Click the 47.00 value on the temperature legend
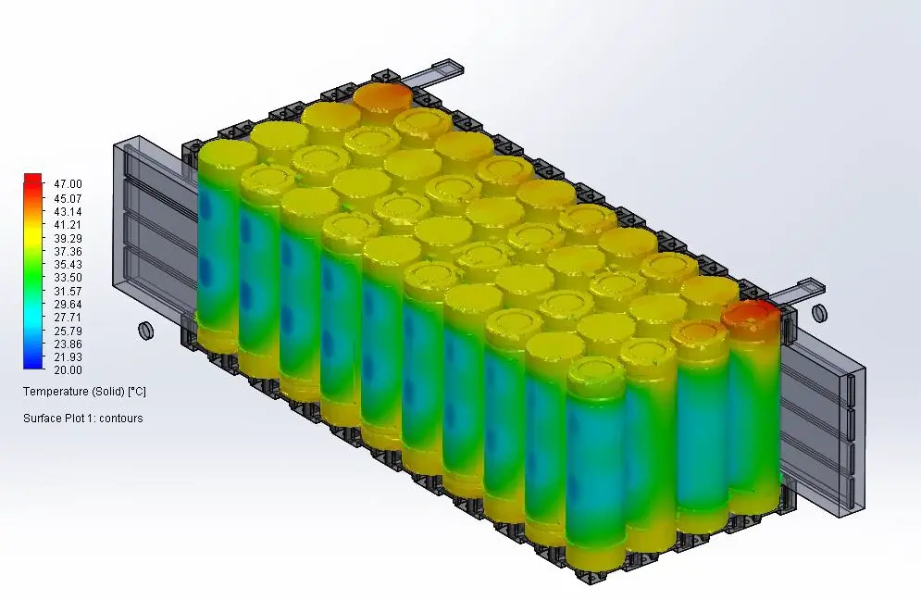(68, 184)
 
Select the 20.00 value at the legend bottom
(68, 370)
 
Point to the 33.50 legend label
(68, 278)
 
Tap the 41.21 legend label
(68, 224)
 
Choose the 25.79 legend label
(68, 331)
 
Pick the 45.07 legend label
(68, 199)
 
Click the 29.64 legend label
(68, 305)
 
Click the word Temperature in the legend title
(52, 392)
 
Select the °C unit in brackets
(137, 392)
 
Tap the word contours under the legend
(120, 419)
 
